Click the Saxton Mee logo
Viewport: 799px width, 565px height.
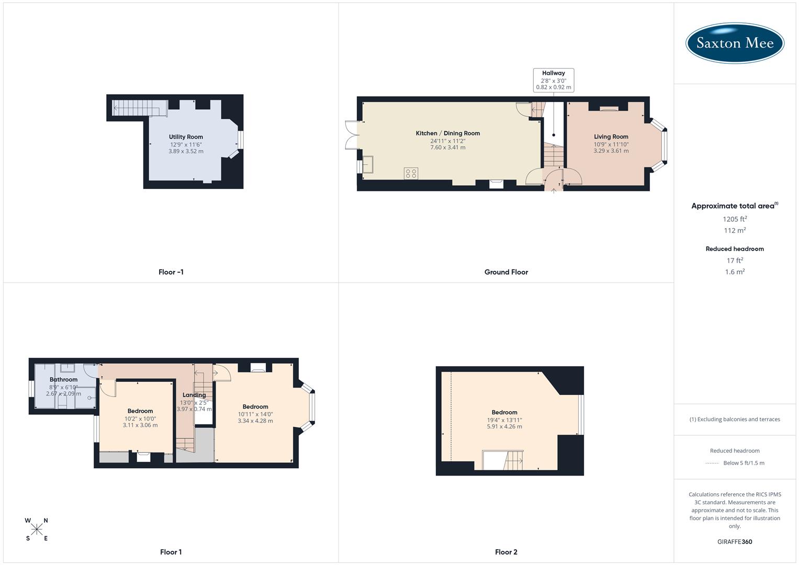tap(735, 43)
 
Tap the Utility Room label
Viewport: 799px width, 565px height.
tap(186, 137)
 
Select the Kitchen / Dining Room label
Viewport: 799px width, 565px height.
tap(447, 133)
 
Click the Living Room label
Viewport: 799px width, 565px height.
tap(611, 137)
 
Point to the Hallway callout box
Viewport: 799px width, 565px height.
tap(554, 80)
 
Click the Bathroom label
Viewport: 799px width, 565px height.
tap(63, 380)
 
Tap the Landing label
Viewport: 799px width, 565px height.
tap(194, 395)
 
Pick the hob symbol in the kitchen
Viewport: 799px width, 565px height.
tap(411, 173)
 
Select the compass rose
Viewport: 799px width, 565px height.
tap(37, 529)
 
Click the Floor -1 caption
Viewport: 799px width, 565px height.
tap(171, 272)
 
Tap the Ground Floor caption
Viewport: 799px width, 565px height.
tap(506, 272)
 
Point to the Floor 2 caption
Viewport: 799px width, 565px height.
tap(506, 552)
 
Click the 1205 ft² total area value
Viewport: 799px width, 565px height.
tap(735, 219)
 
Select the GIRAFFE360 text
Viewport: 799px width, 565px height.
tap(735, 541)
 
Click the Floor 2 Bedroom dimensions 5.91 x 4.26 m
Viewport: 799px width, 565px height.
tap(504, 426)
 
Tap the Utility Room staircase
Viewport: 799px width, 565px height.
tap(137, 108)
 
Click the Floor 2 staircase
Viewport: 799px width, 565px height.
tap(513, 460)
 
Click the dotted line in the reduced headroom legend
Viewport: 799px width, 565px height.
tap(712, 463)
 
